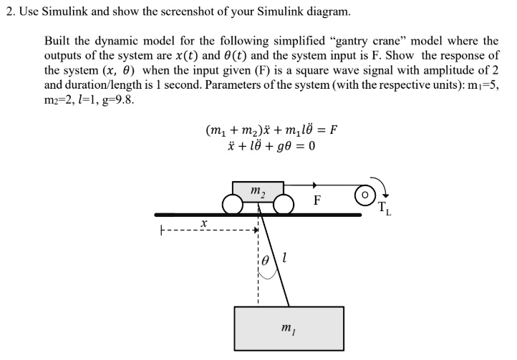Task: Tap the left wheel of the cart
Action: (232, 205)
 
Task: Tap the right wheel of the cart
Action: (284, 205)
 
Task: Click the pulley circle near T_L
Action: (365, 194)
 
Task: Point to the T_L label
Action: (385, 209)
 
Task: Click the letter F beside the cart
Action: (317, 201)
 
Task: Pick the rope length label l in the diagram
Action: (285, 258)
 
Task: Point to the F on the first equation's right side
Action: (332, 131)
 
